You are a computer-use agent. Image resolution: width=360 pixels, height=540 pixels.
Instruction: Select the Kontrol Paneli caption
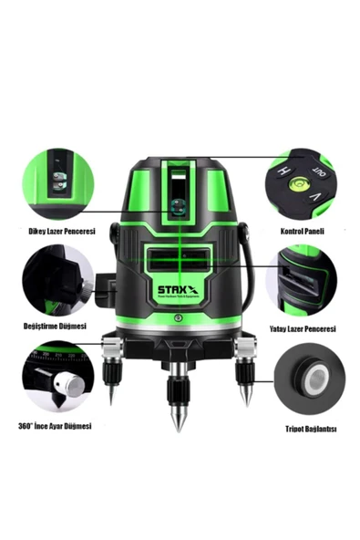[302, 232]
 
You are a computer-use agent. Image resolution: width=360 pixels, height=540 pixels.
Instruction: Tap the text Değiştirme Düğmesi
[55, 325]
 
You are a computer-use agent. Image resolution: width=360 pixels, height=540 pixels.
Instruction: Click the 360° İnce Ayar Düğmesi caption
[57, 425]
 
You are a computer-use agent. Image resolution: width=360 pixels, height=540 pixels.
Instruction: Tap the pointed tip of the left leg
[111, 402]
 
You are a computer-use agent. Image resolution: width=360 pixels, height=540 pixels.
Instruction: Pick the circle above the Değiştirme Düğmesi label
[57, 281]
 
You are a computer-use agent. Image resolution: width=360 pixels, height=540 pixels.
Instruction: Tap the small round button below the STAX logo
[179, 318]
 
